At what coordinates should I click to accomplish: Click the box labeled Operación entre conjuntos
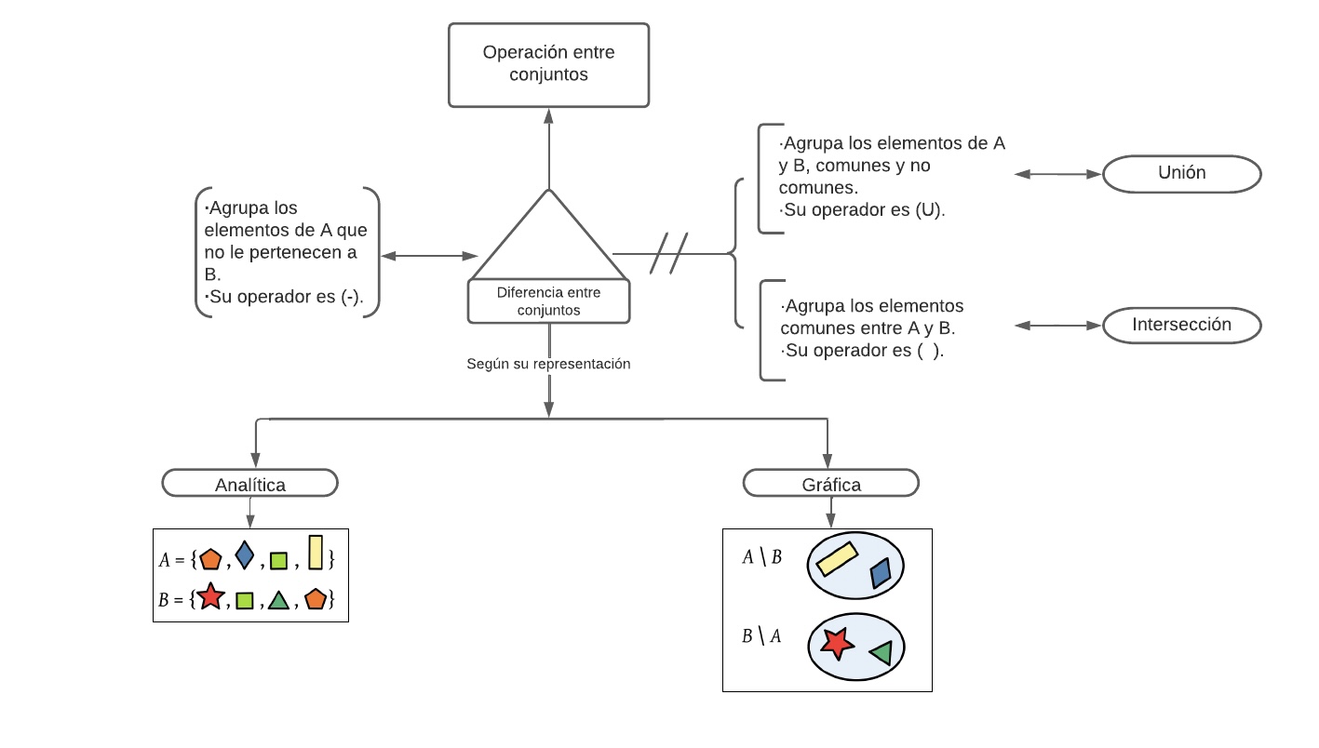click(x=548, y=64)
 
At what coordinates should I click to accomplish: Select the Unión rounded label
click(x=1181, y=173)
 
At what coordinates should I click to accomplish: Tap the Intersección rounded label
click(x=1181, y=326)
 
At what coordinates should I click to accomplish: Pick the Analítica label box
click(x=249, y=484)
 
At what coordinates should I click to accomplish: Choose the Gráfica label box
click(x=830, y=484)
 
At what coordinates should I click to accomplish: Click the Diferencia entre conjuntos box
click(x=548, y=301)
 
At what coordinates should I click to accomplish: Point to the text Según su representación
click(x=548, y=364)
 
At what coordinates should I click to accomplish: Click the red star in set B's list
click(x=210, y=597)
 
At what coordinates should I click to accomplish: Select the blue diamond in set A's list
click(x=244, y=555)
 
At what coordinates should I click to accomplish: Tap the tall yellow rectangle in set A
click(x=316, y=552)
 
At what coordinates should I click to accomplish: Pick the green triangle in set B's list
click(x=278, y=601)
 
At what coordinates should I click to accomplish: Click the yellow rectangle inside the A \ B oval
click(x=837, y=558)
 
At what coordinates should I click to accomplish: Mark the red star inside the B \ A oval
click(x=838, y=643)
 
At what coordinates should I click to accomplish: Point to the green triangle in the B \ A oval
click(x=882, y=653)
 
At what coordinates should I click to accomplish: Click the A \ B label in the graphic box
click(x=761, y=557)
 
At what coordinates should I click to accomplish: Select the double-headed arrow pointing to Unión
click(x=1057, y=174)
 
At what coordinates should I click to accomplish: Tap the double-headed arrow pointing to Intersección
click(x=1057, y=326)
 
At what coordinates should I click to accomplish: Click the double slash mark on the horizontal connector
click(x=668, y=253)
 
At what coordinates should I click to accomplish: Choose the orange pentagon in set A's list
click(x=210, y=559)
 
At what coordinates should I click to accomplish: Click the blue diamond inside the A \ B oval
click(x=880, y=573)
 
